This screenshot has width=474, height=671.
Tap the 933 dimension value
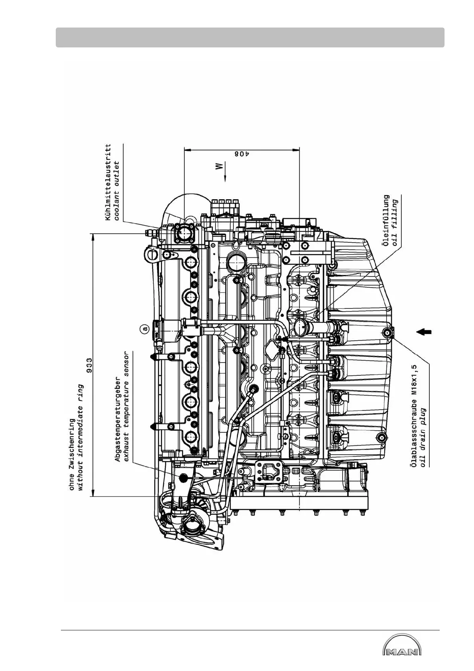click(x=90, y=365)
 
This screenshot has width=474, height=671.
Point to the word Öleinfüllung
click(x=386, y=221)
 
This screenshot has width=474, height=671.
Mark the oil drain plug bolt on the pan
click(x=386, y=332)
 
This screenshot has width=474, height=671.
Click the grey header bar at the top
click(x=250, y=37)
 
